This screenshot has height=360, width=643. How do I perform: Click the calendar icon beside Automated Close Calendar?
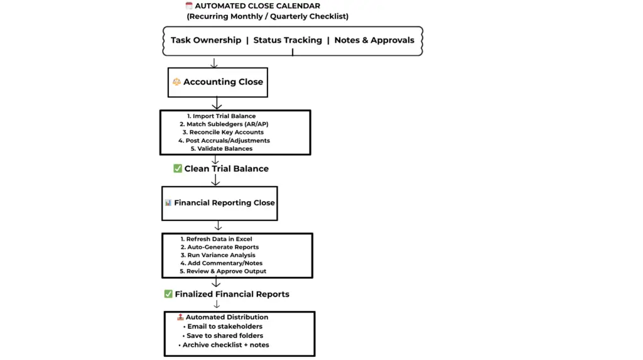pos(189,6)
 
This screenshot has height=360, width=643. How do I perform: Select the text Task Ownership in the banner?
pos(206,40)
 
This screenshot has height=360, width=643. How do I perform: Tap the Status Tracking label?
pos(288,40)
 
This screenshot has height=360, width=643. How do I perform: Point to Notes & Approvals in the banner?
pos(374,40)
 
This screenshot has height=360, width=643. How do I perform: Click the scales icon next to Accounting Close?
pos(176,82)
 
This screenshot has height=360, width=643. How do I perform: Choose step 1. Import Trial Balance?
pos(221,116)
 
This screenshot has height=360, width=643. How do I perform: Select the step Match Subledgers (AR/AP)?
pos(224,124)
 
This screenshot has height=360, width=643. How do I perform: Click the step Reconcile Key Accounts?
pos(223,133)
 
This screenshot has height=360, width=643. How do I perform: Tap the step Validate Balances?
pos(221,149)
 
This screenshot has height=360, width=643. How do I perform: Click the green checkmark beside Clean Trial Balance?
pos(178,168)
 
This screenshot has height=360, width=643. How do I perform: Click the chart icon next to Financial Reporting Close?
pos(168,203)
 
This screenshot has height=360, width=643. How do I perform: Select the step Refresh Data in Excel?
pos(216,239)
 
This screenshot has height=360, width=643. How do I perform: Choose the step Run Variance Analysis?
pos(218,255)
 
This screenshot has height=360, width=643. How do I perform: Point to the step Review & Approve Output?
pos(223,271)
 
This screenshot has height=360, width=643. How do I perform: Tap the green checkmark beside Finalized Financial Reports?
pos(168,294)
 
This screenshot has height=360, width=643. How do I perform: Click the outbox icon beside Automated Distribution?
pos(180,317)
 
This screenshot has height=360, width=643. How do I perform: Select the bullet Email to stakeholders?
pos(222,327)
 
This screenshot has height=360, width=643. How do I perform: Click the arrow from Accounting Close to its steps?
pos(217,104)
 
